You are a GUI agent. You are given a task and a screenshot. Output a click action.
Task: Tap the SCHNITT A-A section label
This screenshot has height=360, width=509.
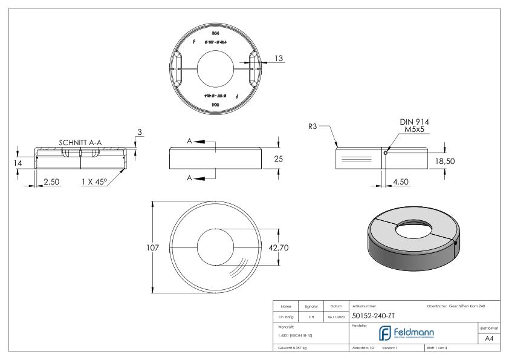tap(80, 142)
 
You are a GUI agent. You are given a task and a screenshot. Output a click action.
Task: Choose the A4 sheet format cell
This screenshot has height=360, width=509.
tap(491, 339)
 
